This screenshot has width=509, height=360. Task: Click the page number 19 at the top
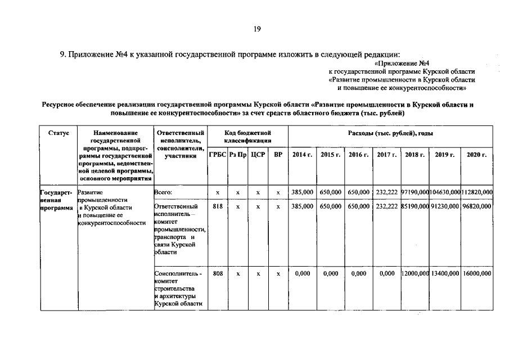point(256,29)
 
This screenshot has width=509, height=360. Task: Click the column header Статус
point(58,133)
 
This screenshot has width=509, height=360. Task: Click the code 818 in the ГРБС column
point(218,206)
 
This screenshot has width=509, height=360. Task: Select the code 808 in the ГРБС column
point(218,273)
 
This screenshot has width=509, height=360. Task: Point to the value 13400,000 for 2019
point(445,273)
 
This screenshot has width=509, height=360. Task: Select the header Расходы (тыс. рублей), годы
point(390,133)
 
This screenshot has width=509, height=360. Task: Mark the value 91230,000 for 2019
point(445,206)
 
